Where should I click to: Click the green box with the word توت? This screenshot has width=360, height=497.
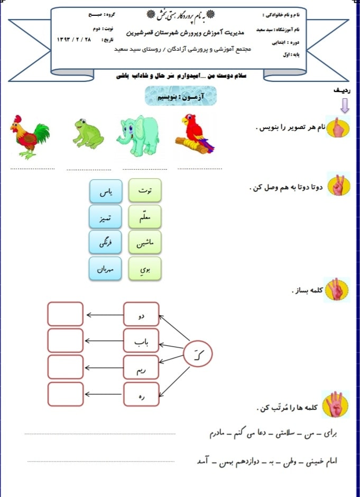click(x=144, y=191)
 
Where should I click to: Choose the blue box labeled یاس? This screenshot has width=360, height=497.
click(x=106, y=191)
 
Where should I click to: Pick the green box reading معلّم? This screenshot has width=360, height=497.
click(x=144, y=217)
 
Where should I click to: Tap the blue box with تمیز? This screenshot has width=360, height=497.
click(x=106, y=217)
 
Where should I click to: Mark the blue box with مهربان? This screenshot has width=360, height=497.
click(x=106, y=269)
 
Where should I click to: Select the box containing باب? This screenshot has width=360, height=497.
click(x=141, y=340)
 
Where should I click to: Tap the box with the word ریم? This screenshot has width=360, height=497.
click(x=141, y=367)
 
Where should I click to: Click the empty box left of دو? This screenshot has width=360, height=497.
click(x=65, y=314)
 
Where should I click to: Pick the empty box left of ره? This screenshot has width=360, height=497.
click(x=65, y=394)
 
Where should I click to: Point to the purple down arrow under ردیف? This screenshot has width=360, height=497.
click(x=345, y=106)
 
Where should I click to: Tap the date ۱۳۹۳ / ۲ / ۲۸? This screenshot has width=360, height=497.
click(x=73, y=40)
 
